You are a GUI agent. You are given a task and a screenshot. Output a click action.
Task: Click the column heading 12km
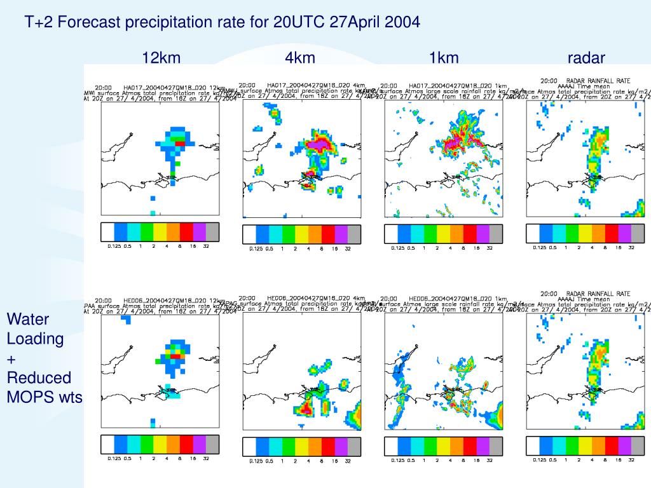click(161, 58)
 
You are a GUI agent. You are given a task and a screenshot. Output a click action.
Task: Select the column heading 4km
click(300, 58)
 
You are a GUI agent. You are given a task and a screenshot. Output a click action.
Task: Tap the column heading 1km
click(443, 58)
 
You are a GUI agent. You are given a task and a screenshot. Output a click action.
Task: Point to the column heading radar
click(586, 58)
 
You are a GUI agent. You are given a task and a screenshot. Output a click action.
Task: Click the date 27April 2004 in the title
click(375, 22)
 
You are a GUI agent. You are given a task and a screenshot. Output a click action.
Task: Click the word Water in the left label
click(27, 319)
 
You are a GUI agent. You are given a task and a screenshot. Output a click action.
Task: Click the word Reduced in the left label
click(39, 378)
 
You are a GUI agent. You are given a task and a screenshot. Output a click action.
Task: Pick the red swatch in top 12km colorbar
click(186, 232)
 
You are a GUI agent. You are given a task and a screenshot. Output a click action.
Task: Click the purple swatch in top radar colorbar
click(625, 233)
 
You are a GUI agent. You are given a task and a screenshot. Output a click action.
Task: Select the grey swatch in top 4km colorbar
click(354, 234)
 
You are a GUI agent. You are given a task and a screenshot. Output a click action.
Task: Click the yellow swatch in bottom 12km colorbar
click(160, 444)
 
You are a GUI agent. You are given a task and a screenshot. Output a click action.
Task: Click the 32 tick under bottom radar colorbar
click(631, 459)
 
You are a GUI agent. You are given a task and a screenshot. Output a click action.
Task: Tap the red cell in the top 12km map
click(181, 144)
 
